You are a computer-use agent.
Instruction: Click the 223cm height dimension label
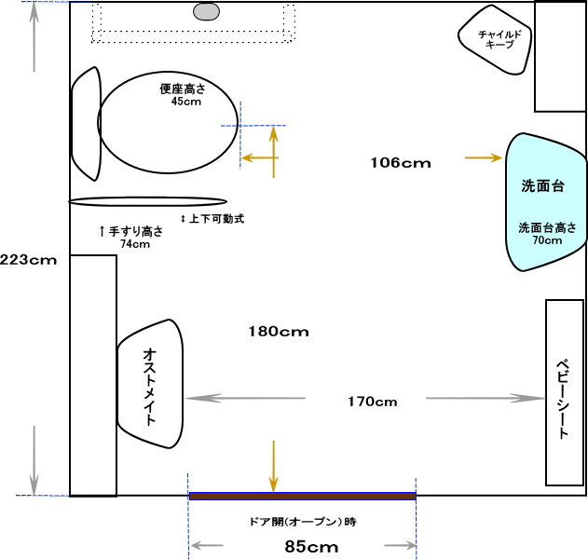[x=29, y=260]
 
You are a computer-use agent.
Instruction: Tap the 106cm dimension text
[x=401, y=163]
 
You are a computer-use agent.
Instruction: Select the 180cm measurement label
[x=279, y=331]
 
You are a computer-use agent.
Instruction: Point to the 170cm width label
[x=373, y=402]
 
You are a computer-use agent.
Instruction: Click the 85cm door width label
[x=311, y=547]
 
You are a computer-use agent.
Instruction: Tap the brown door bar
[x=303, y=497]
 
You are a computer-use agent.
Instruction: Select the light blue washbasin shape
[x=546, y=202]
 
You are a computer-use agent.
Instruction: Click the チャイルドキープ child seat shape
[x=495, y=39]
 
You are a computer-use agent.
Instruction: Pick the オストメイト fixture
[x=150, y=384]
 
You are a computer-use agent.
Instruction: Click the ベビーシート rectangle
[x=565, y=392]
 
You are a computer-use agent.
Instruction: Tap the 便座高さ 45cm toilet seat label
[x=184, y=94]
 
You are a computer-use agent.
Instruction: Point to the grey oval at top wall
[x=206, y=11]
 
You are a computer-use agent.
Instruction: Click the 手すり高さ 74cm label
[x=131, y=237]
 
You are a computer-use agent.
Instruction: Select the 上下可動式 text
[x=212, y=218]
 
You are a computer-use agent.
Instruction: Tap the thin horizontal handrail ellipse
[x=148, y=201]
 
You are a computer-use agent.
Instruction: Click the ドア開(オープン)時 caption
[x=303, y=522]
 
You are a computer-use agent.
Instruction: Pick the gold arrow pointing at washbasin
[x=484, y=157]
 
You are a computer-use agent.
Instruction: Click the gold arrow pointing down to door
[x=274, y=466]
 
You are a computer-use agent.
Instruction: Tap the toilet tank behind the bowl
[x=87, y=124]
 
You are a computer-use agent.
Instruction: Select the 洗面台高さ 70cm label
[x=547, y=233]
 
